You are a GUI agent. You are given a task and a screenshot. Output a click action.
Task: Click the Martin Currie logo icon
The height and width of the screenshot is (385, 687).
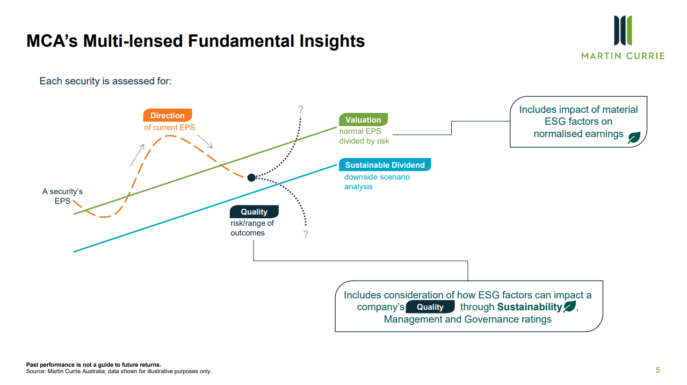tap(623, 31)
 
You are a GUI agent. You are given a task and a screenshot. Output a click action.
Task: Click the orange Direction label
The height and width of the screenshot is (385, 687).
tap(167, 116)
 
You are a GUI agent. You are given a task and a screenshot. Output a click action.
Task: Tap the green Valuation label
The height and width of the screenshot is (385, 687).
tap(363, 120)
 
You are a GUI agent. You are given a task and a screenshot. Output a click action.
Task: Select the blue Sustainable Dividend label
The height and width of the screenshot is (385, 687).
tap(385, 165)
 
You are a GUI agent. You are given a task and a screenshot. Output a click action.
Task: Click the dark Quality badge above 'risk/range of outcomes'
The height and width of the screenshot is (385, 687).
tap(254, 212)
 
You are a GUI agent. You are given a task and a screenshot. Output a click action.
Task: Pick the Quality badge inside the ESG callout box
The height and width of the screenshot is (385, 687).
tap(430, 307)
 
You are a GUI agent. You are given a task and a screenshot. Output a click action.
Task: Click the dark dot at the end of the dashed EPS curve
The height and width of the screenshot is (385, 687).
tap(251, 177)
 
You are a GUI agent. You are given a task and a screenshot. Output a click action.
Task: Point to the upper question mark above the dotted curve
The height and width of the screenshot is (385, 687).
tap(301, 110)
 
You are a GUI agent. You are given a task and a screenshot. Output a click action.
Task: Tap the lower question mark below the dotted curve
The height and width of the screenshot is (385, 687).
tap(306, 234)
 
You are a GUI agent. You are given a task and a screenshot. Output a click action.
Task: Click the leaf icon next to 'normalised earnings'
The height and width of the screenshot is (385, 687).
tap(634, 137)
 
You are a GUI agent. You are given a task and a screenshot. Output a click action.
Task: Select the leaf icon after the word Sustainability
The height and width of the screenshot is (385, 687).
tap(569, 307)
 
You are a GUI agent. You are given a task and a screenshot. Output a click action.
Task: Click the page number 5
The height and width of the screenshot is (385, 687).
tap(657, 370)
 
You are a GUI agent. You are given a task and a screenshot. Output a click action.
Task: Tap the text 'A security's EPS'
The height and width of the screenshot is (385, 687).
tap(62, 196)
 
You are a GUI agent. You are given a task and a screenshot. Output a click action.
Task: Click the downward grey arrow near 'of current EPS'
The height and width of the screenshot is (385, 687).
tap(205, 141)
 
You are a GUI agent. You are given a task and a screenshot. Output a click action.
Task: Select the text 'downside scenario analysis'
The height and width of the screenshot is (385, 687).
tap(377, 182)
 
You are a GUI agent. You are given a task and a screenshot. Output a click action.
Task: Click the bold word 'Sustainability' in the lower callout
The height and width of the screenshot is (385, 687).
tap(529, 307)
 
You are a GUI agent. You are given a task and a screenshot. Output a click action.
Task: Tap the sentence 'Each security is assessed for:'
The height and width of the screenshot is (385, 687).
tap(105, 82)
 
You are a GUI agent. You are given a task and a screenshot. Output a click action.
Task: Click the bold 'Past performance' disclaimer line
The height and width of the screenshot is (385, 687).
tap(93, 365)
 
